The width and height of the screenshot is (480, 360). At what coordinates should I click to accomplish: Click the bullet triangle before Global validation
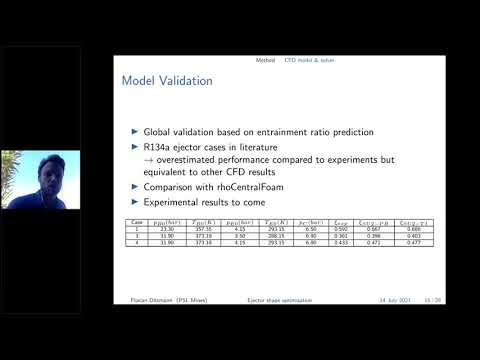point(136,131)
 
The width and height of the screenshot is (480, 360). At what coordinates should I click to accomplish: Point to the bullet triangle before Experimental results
point(136,202)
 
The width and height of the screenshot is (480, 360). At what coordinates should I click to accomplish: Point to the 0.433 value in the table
point(343,242)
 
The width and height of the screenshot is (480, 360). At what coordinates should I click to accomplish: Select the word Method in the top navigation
point(264,61)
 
